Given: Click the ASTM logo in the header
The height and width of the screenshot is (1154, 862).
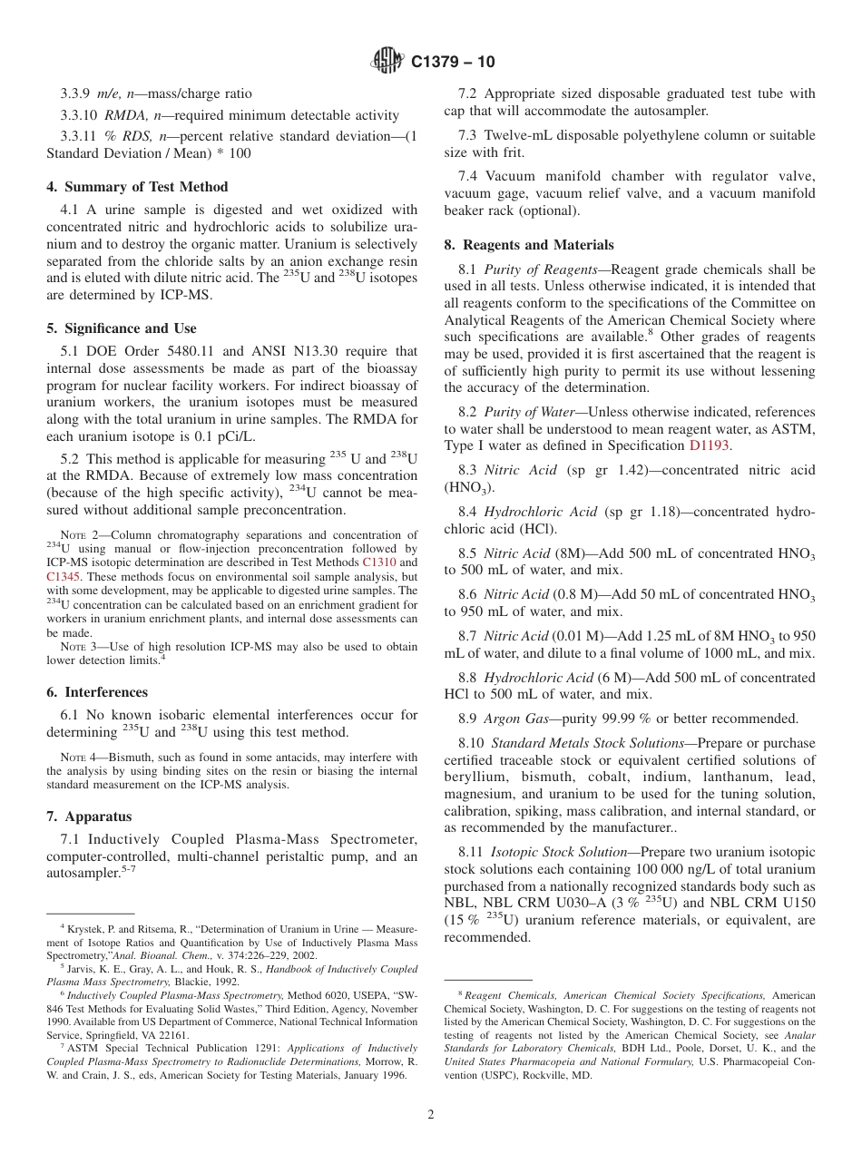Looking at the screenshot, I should click(387, 62).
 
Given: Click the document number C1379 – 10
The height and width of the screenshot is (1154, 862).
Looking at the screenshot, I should click(453, 63).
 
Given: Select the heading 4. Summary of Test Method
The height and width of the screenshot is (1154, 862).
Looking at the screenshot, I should click(137, 187).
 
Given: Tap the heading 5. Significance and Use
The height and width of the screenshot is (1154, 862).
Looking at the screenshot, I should click(122, 328).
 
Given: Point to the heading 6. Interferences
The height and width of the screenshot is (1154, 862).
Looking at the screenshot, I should click(97, 692).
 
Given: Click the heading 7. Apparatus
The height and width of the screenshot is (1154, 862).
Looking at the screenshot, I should click(89, 817).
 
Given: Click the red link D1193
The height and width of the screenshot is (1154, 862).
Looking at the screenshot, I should click(710, 445).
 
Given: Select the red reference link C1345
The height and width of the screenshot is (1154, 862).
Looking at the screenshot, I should click(64, 576).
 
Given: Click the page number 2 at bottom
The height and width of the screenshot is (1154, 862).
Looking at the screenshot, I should click(431, 1115).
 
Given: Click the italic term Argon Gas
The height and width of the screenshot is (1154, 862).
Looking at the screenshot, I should click(517, 719).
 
